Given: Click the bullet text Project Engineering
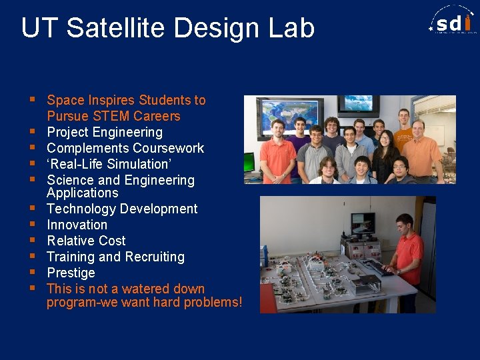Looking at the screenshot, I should click(105, 132).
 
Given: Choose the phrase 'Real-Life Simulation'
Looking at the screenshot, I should click(109, 164).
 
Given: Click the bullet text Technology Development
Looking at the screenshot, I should click(122, 209).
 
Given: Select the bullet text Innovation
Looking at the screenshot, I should click(77, 225).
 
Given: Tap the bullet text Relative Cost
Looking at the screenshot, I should click(86, 241).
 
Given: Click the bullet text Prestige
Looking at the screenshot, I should click(71, 273).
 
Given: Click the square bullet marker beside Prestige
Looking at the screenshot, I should click(32, 272).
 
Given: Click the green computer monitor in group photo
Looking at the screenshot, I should click(249, 161).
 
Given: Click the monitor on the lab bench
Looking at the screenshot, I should click(363, 224).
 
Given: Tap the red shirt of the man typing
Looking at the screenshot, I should click(407, 249).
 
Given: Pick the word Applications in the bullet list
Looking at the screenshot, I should click(82, 193).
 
